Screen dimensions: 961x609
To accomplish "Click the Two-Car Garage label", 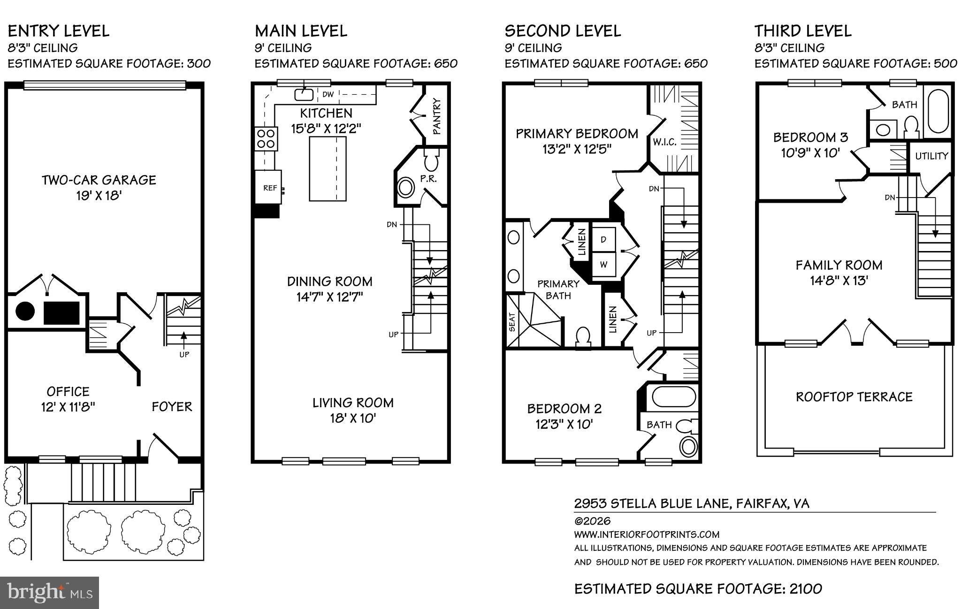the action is [x=99, y=180].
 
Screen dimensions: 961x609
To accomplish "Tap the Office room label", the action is [x=68, y=391].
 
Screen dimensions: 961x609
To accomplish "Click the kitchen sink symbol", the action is [x=304, y=94].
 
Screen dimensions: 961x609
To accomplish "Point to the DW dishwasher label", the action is [x=328, y=94].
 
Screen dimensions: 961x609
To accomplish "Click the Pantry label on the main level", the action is [x=436, y=116].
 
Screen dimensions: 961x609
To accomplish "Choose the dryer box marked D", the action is [x=603, y=239].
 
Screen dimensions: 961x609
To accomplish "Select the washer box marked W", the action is [x=603, y=265].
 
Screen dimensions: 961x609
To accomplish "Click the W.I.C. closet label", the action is [x=664, y=142].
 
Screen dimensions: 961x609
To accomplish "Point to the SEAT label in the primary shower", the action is [x=512, y=322].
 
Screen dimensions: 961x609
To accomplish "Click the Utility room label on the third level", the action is [x=931, y=156].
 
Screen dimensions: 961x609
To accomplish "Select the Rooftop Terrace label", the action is [x=854, y=397].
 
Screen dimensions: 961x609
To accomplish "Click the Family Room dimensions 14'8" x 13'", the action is [x=839, y=281].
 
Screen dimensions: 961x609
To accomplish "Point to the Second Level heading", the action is [x=563, y=31].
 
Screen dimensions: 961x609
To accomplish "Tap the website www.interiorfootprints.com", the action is [x=647, y=534].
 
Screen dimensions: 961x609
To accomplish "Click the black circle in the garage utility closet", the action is [x=25, y=311].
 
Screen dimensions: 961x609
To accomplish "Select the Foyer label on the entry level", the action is [x=172, y=406].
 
